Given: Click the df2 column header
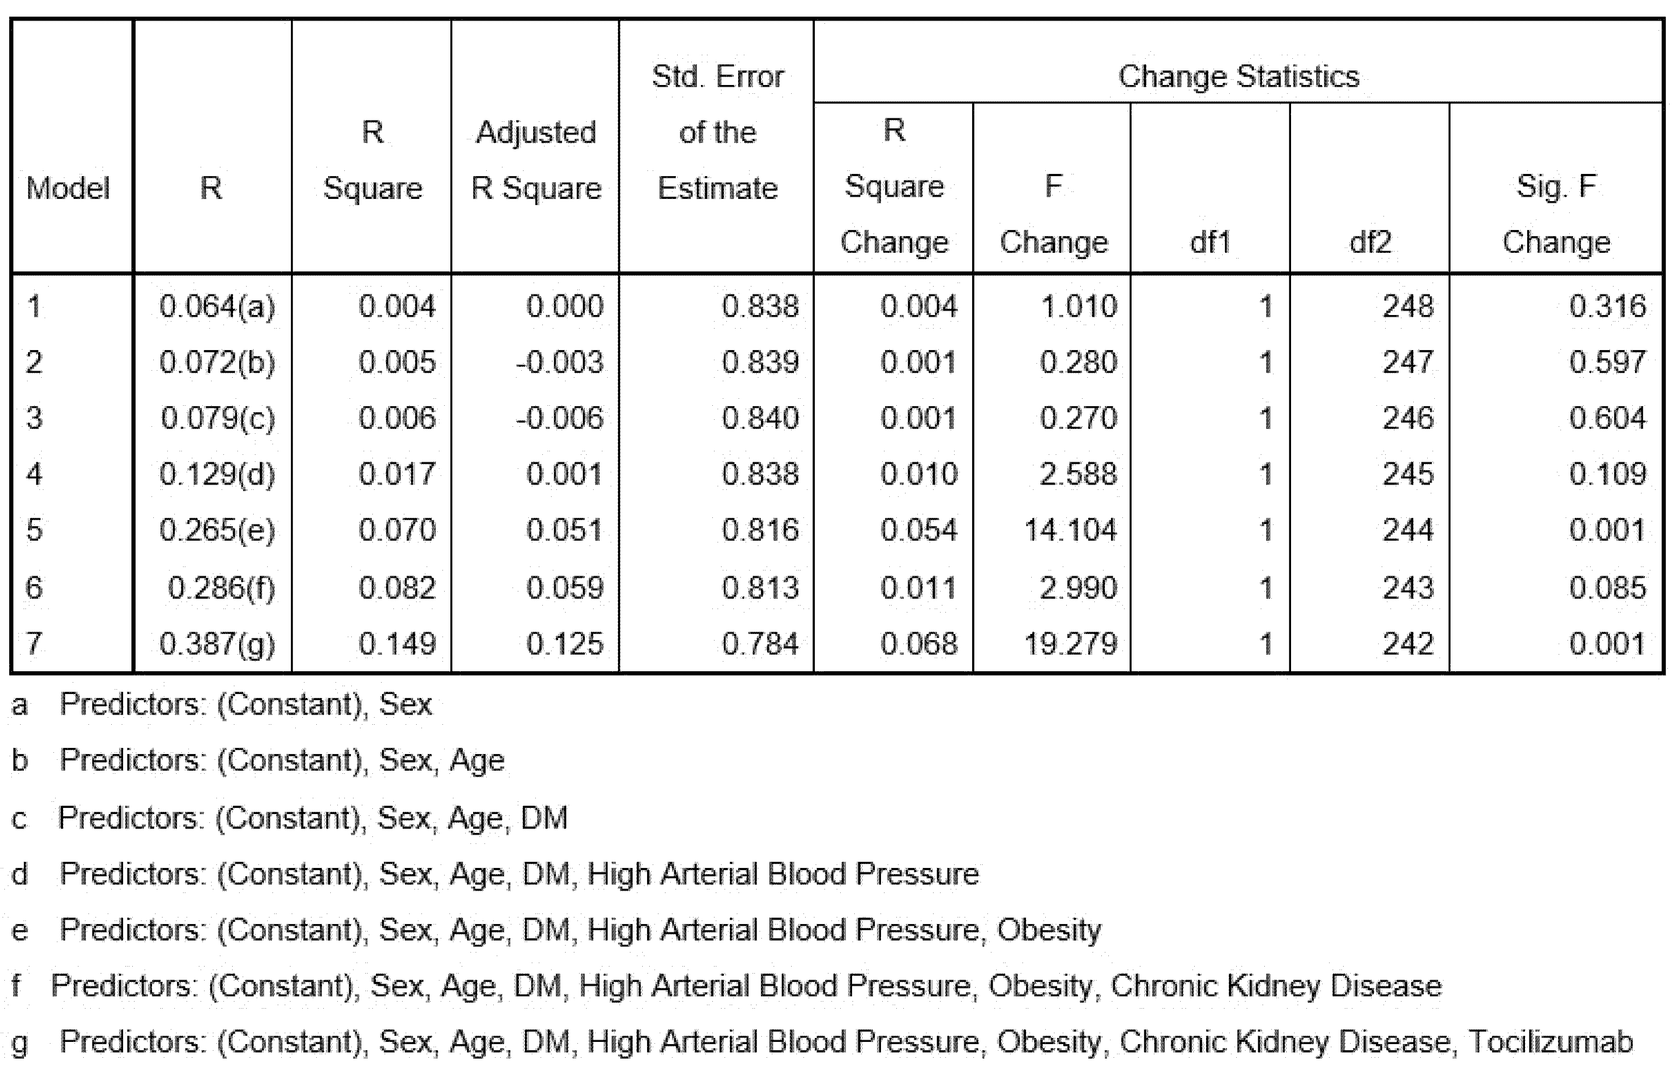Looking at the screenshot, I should click(x=1370, y=242).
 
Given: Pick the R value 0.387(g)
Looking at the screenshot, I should click(x=217, y=644).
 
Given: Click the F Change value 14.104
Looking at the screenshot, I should click(x=1070, y=530).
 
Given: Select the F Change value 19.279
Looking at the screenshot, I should click(x=1070, y=644).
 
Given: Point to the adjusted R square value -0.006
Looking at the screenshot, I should click(x=560, y=418).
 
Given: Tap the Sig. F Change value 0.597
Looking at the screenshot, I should click(x=1607, y=362).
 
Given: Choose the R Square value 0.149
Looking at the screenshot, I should click(x=397, y=644).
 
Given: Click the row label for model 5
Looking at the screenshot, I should click(x=34, y=530).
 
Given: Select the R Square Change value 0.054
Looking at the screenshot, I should click(x=919, y=530).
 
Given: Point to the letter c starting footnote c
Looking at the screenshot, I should click(x=20, y=818).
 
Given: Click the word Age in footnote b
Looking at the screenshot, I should click(x=477, y=760).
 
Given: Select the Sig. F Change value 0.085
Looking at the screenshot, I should click(x=1607, y=588).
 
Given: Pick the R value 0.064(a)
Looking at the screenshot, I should click(x=217, y=307).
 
